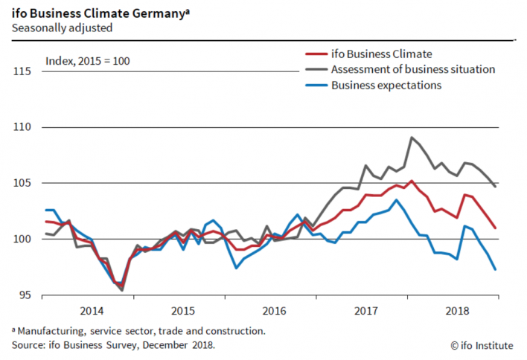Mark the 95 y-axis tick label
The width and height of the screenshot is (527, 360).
25,295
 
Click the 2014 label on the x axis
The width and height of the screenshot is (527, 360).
91,309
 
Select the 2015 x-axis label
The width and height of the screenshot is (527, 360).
182,309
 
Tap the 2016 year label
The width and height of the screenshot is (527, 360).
274,309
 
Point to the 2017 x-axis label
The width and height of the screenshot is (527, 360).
365,309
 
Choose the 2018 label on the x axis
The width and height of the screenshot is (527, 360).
456,309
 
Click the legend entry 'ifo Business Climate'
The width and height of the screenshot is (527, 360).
381,54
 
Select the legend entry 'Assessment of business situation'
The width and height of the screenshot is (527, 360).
413,70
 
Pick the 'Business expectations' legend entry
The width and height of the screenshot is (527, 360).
386,86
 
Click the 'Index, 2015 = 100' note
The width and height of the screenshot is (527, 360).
88,61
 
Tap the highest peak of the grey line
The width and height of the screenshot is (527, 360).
412,138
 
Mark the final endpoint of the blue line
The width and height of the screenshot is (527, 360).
496,269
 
